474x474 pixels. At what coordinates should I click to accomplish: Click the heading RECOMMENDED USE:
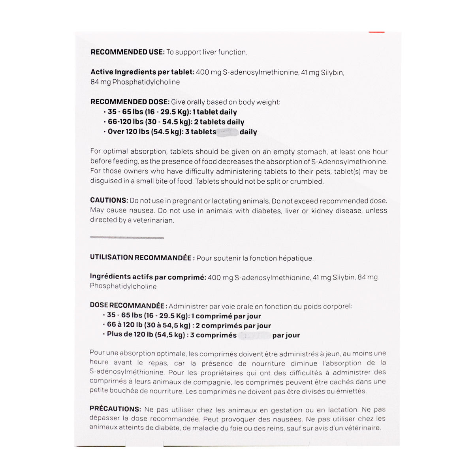click(x=127, y=52)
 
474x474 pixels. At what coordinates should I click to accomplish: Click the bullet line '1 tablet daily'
click(x=172, y=112)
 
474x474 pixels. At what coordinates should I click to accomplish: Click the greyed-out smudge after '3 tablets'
click(x=228, y=132)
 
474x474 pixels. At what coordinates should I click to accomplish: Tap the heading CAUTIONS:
click(x=109, y=201)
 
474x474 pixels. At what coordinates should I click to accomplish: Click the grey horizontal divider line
click(x=127, y=238)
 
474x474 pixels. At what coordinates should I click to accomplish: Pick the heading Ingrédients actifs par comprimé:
click(x=148, y=277)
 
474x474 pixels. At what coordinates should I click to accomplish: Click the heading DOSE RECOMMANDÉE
click(x=128, y=306)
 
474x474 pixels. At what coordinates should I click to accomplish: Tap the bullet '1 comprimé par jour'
click(x=184, y=316)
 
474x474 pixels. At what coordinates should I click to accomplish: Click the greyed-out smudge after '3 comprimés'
click(x=255, y=336)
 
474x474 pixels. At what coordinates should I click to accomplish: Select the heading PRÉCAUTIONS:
click(x=115, y=409)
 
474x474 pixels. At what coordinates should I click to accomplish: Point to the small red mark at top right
click(x=376, y=32)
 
